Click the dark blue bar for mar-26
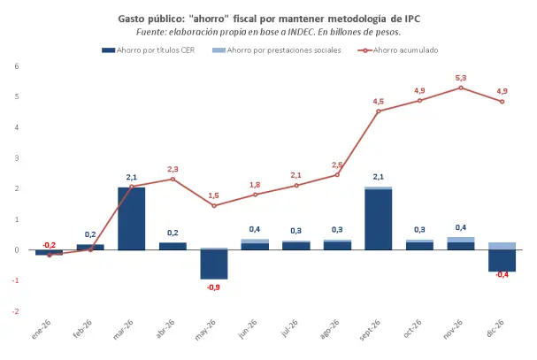132,218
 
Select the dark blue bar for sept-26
378,220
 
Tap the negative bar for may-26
213,264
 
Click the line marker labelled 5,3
461,88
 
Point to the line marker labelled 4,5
379,111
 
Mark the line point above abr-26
173,180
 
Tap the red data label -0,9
214,287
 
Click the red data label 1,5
214,195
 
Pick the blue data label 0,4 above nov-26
461,227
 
